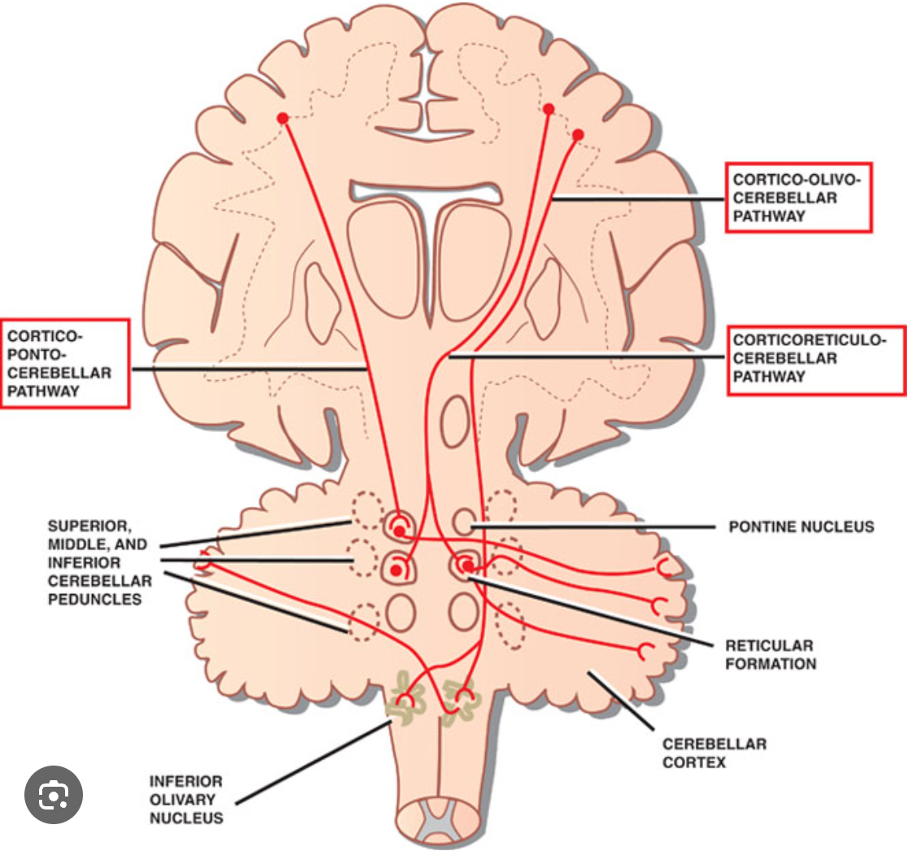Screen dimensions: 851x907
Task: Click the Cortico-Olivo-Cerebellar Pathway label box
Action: tap(797, 197)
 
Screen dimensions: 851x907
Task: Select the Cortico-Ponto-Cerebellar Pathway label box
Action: tap(64, 363)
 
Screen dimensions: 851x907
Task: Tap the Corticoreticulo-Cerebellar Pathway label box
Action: tap(815, 359)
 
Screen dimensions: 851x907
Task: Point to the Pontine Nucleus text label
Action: tap(801, 527)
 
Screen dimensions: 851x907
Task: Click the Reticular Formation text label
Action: tap(770, 654)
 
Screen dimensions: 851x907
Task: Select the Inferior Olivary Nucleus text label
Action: tap(186, 799)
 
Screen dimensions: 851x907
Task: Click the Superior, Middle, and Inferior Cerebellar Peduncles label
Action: tap(100, 562)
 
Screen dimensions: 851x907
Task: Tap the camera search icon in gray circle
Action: tap(53, 794)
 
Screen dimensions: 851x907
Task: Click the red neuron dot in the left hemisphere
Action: tap(283, 118)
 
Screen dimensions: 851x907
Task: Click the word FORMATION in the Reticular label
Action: tap(770, 664)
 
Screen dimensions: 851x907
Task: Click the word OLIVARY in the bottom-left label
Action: tap(185, 799)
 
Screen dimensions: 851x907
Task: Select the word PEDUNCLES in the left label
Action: tap(95, 600)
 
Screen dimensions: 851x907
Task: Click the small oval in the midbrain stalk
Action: tap(454, 422)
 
